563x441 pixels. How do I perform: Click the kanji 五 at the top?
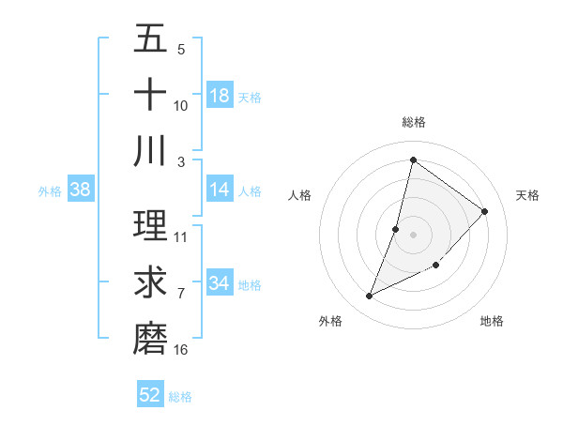tap(150, 38)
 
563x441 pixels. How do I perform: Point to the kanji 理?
tap(150, 224)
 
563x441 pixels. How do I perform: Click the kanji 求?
tap(150, 281)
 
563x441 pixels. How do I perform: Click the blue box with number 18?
tap(220, 96)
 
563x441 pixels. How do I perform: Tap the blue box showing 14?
tap(220, 190)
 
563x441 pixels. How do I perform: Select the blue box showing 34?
tap(220, 283)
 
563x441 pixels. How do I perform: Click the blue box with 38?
tap(81, 190)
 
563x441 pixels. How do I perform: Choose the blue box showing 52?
tap(150, 395)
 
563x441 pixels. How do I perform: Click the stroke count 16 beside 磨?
tap(181, 350)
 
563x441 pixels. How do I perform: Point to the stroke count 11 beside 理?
tap(181, 236)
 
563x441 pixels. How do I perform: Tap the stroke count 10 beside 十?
tap(181, 105)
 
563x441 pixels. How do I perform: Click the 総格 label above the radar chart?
tap(414, 122)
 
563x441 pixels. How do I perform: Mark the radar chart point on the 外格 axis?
tap(370, 297)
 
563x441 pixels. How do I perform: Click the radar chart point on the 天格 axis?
tap(485, 211)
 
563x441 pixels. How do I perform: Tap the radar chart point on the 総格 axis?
tap(413, 160)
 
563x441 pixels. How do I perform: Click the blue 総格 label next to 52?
tap(180, 397)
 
